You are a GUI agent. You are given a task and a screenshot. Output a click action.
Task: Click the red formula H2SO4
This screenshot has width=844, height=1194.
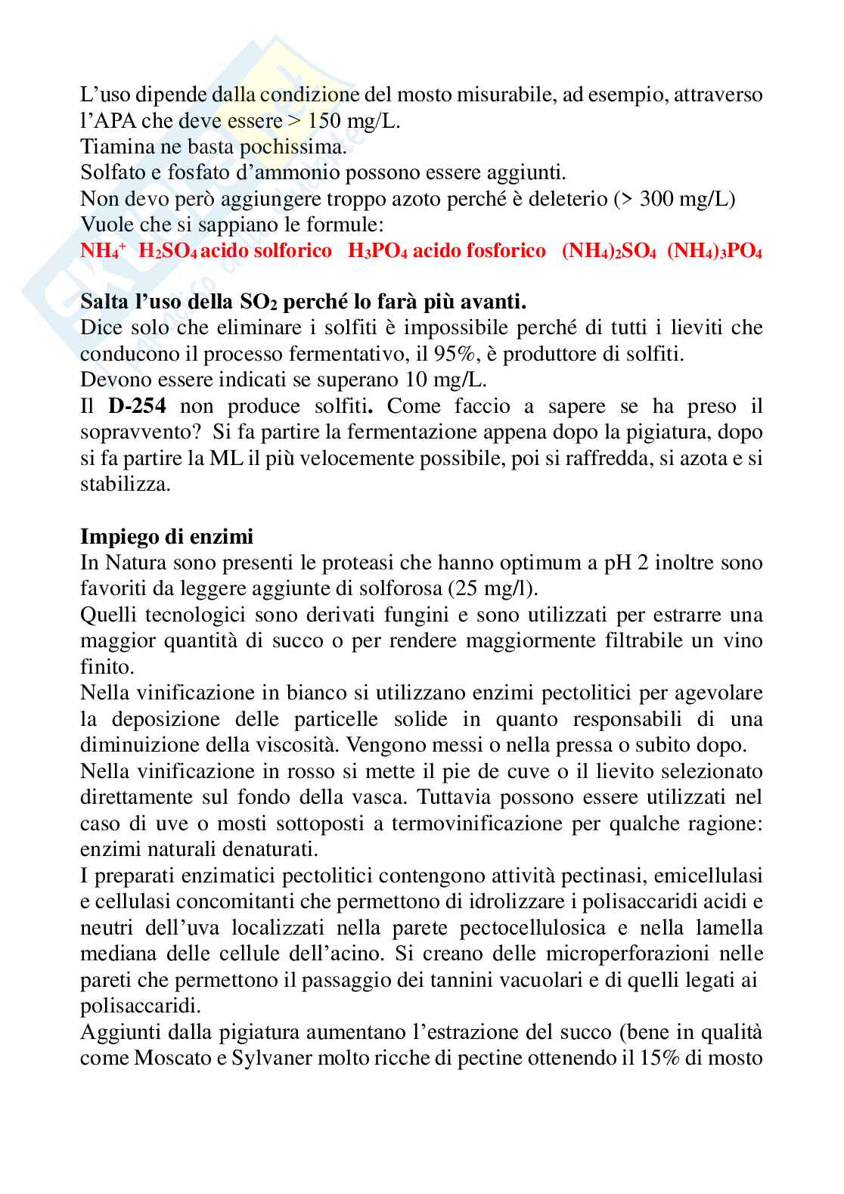(168, 251)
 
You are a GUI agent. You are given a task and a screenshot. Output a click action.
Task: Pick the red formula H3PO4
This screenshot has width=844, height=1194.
(377, 251)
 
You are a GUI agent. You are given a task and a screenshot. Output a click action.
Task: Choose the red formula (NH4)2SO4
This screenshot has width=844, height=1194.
(608, 251)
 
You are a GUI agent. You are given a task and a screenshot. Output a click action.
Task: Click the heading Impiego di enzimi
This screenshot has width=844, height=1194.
(166, 537)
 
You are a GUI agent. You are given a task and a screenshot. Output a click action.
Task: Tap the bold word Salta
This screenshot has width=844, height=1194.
(104, 302)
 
